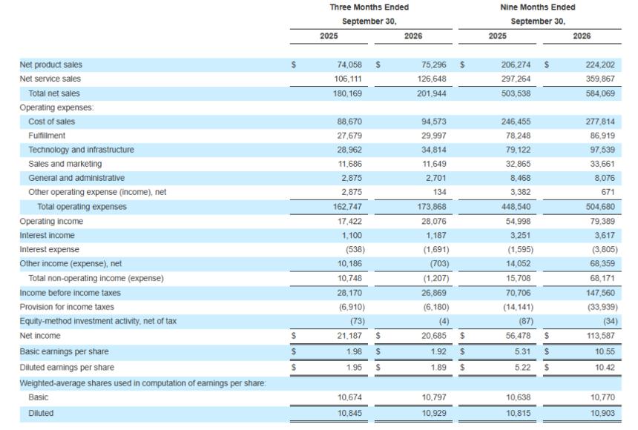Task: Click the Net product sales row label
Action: [x=51, y=64]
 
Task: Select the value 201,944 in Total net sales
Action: [x=431, y=93]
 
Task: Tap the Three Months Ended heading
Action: [x=369, y=7]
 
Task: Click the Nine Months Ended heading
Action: [x=538, y=7]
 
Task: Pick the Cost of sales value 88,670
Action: [x=349, y=122]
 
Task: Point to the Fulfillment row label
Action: [x=47, y=136]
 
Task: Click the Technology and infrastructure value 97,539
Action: [x=602, y=150]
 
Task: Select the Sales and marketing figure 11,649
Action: [x=434, y=164]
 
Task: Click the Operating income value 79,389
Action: [x=602, y=222]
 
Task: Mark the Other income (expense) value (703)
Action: [x=439, y=264]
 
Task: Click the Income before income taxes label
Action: [x=70, y=293]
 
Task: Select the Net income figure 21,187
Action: [x=349, y=336]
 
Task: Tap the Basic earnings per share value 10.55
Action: [x=605, y=351]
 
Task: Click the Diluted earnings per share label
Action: [x=67, y=367]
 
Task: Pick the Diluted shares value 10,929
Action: [x=434, y=413]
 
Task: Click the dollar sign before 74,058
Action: [x=293, y=64]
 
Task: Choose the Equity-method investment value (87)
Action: [x=526, y=321]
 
